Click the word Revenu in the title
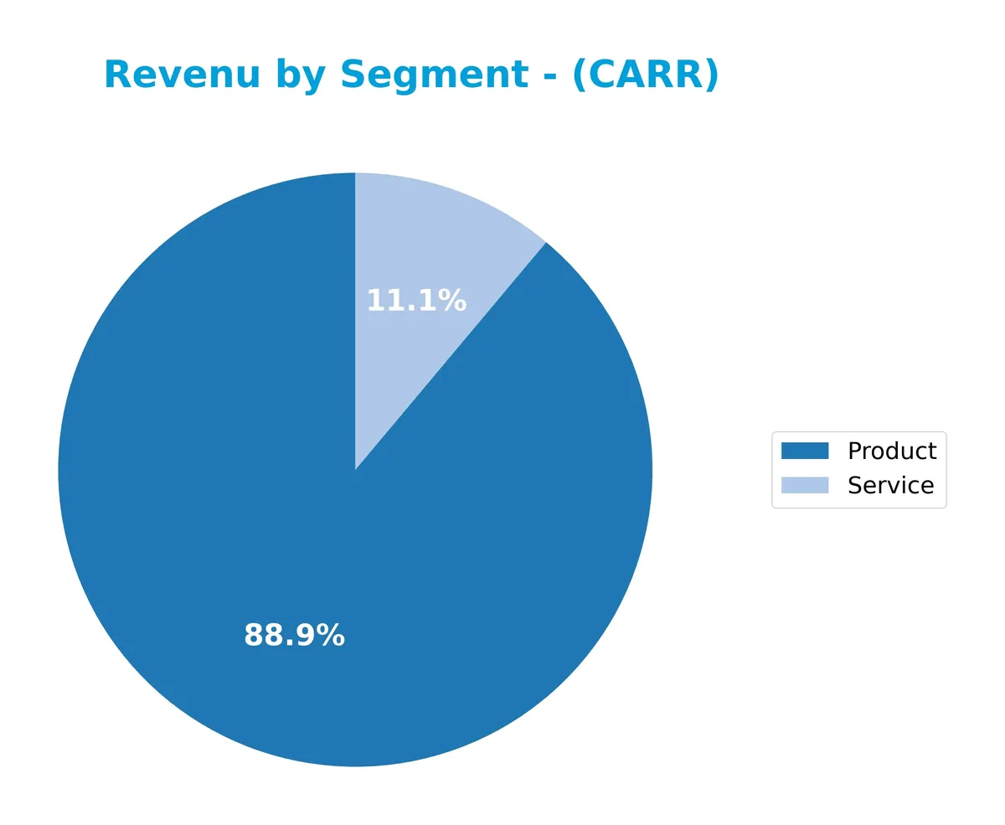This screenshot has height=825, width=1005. click(x=182, y=75)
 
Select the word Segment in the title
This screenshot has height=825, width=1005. click(x=434, y=75)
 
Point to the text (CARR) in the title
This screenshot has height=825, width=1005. click(x=645, y=75)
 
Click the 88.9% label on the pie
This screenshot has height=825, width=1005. click(x=294, y=636)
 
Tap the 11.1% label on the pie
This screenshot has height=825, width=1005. click(x=416, y=301)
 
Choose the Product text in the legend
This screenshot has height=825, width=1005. click(x=892, y=451)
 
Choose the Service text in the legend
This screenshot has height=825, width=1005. click(x=890, y=485)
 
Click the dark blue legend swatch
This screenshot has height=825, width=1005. click(x=805, y=451)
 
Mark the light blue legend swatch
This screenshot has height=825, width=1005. click(x=805, y=485)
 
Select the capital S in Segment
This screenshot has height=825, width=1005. click(x=352, y=75)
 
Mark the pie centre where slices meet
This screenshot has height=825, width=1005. click(x=355, y=470)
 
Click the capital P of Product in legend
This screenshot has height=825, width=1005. click(x=854, y=451)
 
